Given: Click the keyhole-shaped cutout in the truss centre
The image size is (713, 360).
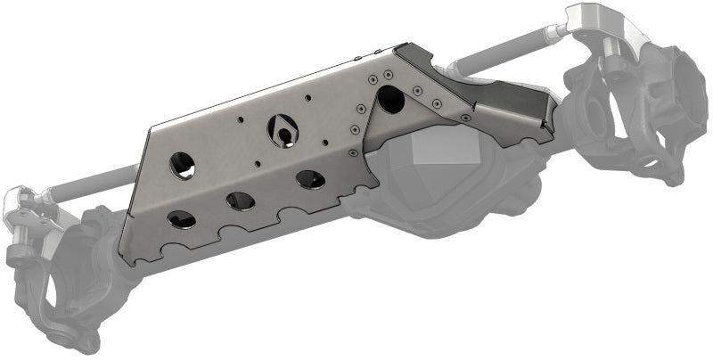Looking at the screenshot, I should (x=283, y=130).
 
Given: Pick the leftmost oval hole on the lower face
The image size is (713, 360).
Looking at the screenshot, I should (x=182, y=218).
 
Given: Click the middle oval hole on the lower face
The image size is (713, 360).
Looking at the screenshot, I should (x=241, y=200).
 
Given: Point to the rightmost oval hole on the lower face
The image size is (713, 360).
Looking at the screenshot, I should (x=310, y=179).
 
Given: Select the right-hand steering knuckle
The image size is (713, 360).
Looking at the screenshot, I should (x=624, y=116).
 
